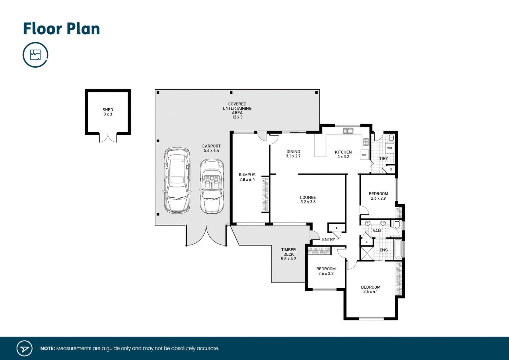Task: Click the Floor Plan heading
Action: (x=61, y=29)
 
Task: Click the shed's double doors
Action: (x=108, y=138)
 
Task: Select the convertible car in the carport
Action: (x=212, y=186)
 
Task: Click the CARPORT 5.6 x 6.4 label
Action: (x=211, y=148)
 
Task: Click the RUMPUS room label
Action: (x=247, y=177)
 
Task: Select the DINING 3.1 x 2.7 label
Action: (x=293, y=154)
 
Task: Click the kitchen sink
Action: (x=348, y=131)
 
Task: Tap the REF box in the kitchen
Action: (x=364, y=155)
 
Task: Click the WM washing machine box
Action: (x=390, y=148)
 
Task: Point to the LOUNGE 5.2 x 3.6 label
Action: (x=308, y=199)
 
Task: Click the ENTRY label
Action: (x=328, y=239)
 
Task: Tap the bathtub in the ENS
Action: (x=398, y=250)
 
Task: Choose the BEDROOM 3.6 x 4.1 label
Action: (x=371, y=289)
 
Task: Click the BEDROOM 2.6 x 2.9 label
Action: (x=378, y=196)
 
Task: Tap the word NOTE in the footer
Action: (x=47, y=348)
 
